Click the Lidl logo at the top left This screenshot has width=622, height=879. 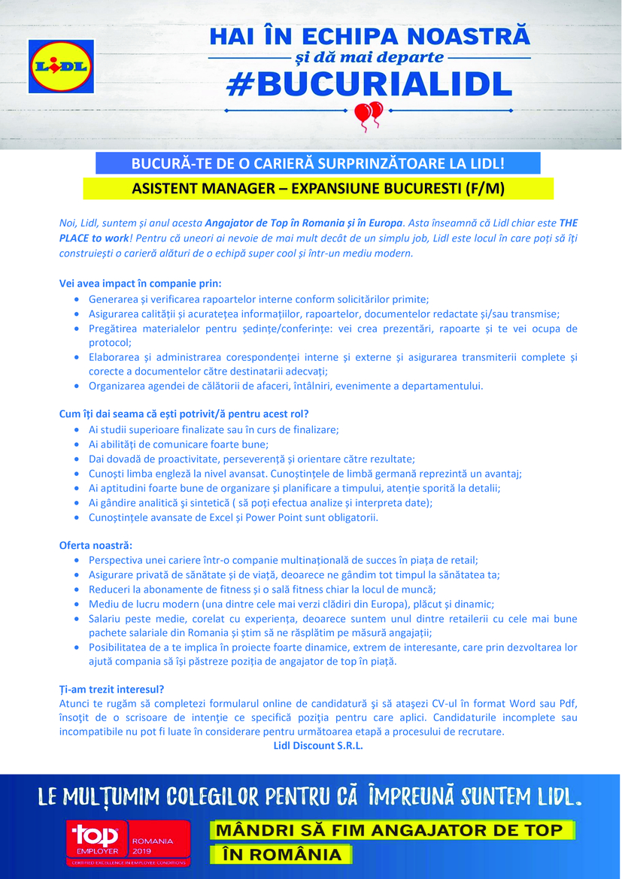pyautogui.click(x=59, y=66)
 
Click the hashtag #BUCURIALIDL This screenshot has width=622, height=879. pyautogui.click(x=369, y=84)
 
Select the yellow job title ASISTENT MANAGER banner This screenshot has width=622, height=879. pyautogui.click(x=317, y=188)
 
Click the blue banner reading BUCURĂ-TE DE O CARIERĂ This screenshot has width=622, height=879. pyautogui.click(x=317, y=163)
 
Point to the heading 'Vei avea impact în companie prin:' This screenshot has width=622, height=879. pyautogui.click(x=140, y=283)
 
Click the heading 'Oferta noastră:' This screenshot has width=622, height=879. pyautogui.click(x=96, y=545)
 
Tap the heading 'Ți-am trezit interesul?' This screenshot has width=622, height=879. pyautogui.click(x=111, y=689)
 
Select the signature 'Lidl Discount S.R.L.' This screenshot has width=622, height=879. pyautogui.click(x=317, y=746)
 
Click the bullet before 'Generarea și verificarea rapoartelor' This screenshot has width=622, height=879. pyautogui.click(x=79, y=299)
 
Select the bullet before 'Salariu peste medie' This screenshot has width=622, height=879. pyautogui.click(x=79, y=619)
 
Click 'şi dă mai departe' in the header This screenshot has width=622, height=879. pyautogui.click(x=369, y=57)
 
